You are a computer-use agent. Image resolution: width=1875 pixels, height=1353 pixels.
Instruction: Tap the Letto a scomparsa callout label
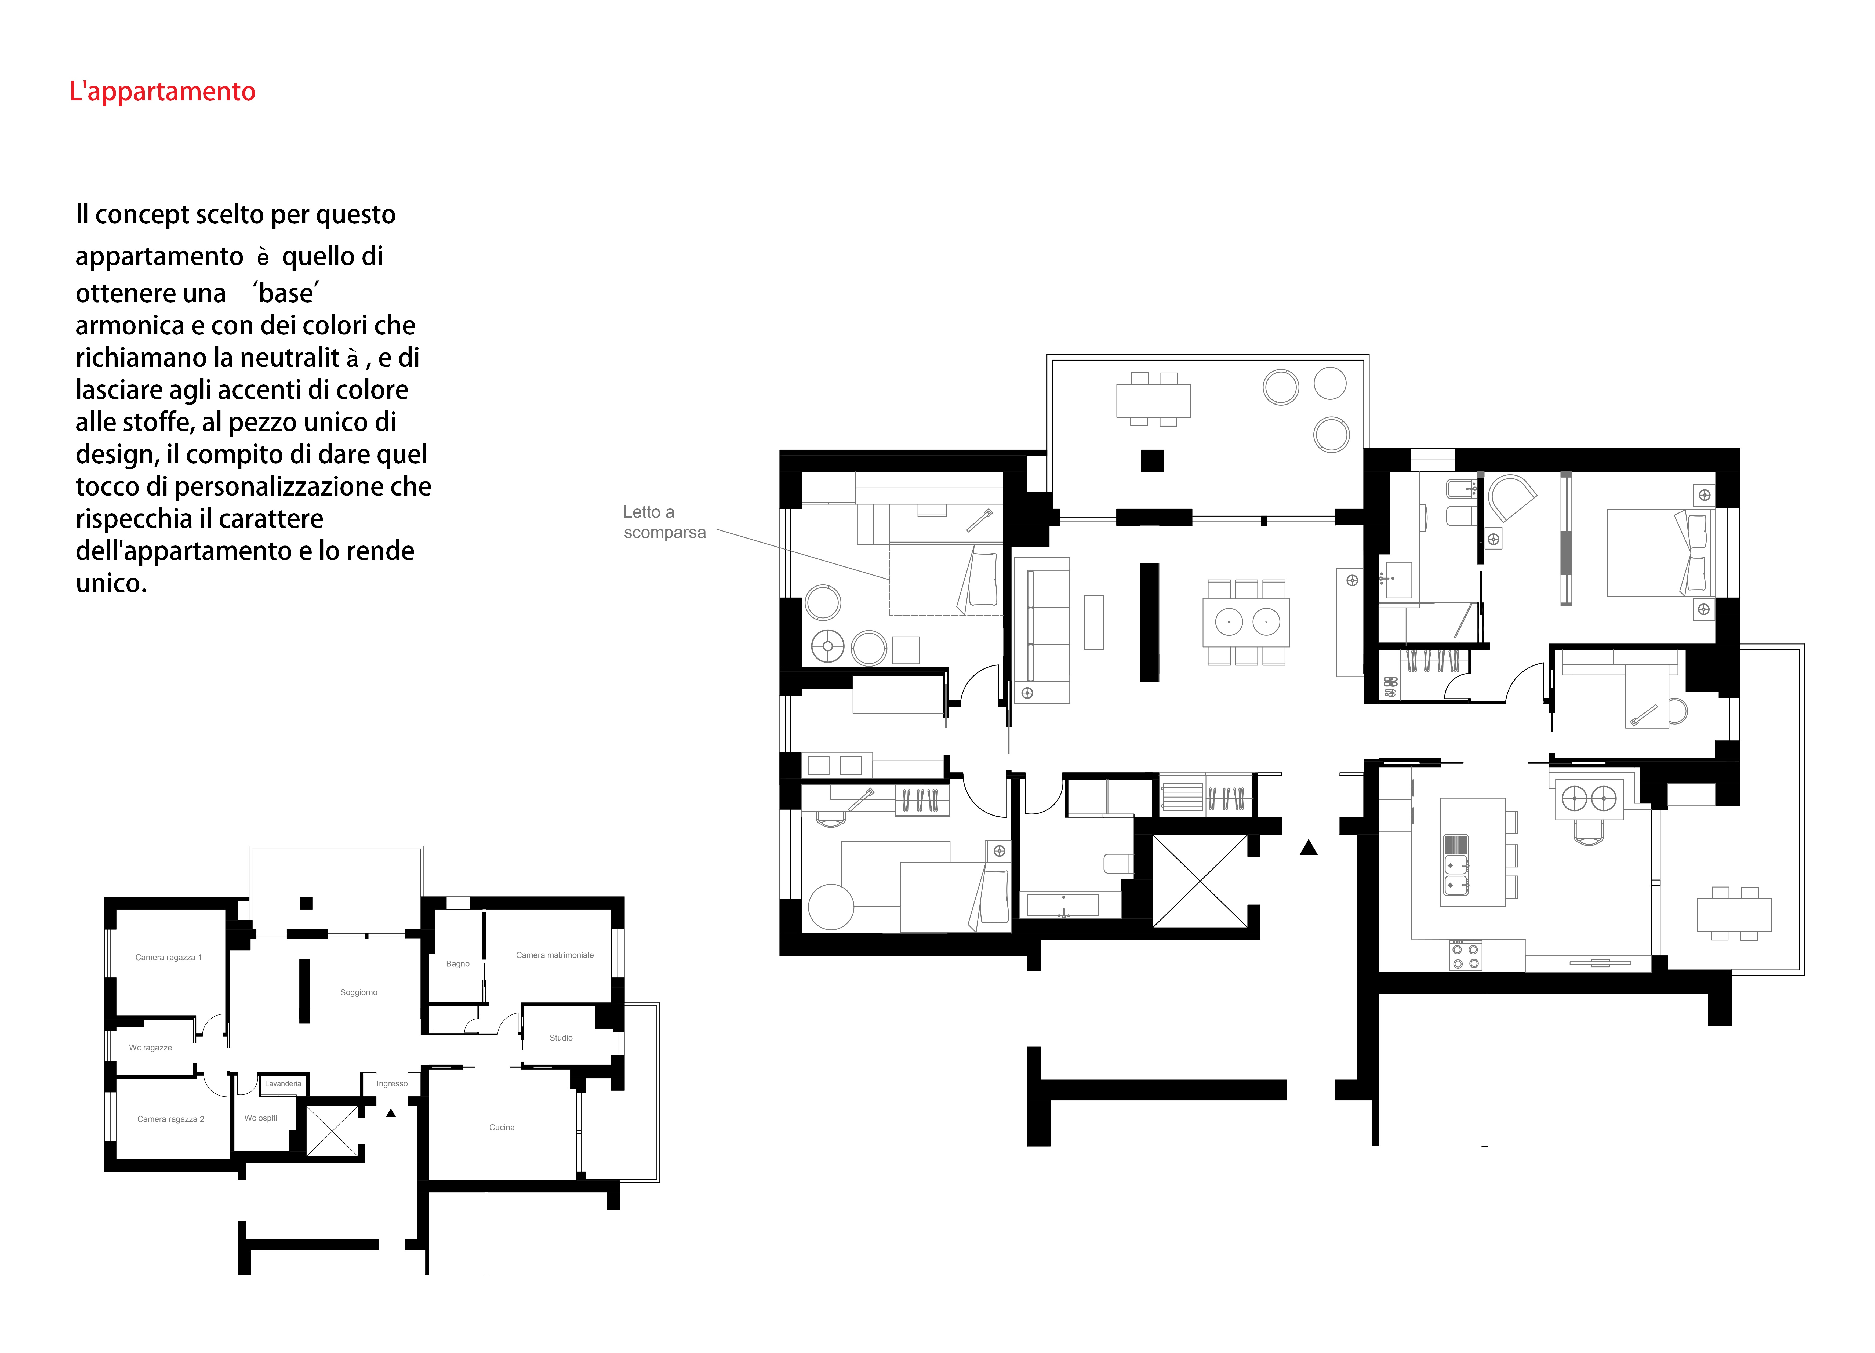click(665, 522)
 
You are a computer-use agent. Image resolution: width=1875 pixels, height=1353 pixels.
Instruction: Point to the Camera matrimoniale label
click(555, 955)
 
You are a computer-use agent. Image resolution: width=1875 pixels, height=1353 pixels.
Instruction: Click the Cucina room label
click(502, 1127)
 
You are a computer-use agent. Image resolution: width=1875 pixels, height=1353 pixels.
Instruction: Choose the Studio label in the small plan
click(561, 1038)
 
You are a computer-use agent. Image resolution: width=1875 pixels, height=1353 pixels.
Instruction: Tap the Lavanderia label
click(283, 1083)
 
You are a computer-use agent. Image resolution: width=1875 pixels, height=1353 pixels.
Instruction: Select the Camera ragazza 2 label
click(170, 1119)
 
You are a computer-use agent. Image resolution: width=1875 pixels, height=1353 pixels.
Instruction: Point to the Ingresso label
click(392, 1083)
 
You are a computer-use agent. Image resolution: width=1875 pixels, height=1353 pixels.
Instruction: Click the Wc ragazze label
click(150, 1048)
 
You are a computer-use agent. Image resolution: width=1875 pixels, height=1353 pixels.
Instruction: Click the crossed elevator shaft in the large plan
click(1200, 881)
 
